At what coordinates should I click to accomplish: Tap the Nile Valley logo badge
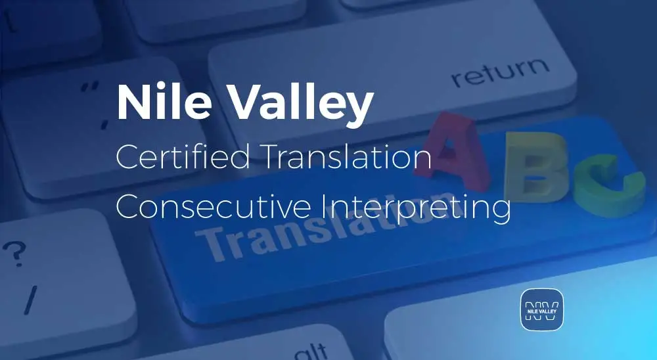tap(542, 308)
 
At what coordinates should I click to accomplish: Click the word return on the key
tap(499, 73)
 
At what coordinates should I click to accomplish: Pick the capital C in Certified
tap(127, 158)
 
